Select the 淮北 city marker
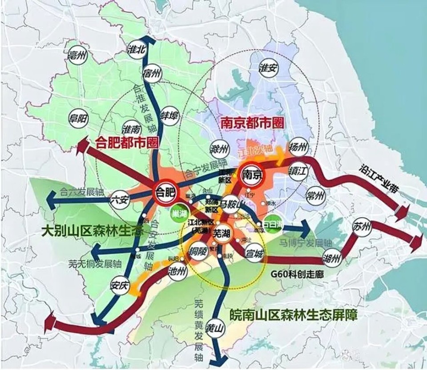(137, 49)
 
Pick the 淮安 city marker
(268, 68)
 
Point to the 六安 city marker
(120, 198)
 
